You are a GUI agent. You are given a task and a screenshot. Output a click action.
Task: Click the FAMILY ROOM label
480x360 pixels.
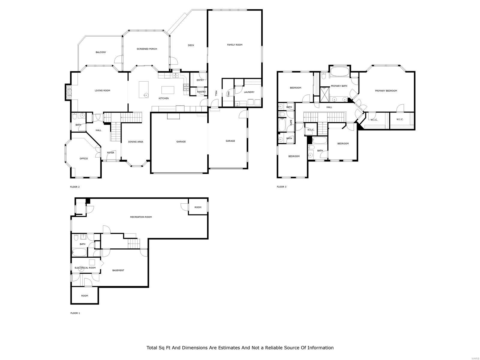(235, 45)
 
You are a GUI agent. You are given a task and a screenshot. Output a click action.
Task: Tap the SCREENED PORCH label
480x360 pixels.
(147, 49)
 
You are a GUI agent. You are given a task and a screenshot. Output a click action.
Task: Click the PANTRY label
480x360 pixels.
(201, 92)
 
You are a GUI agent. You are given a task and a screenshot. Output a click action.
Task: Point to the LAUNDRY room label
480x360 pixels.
(249, 92)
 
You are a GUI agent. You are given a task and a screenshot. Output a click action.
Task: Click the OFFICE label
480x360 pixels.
(84, 158)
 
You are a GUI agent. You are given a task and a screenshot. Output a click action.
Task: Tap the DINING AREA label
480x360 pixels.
(136, 142)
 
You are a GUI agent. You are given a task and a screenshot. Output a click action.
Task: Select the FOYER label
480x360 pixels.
(110, 153)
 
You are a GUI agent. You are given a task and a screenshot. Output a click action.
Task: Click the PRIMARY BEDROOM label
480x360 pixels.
(386, 91)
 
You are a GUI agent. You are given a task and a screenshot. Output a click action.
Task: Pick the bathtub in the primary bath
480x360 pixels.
(339, 72)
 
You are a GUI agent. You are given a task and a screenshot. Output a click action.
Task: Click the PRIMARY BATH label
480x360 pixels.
(339, 86)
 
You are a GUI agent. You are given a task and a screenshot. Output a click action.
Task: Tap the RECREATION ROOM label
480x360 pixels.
(141, 217)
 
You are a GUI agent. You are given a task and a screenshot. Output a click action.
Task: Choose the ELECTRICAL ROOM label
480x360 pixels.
(85, 268)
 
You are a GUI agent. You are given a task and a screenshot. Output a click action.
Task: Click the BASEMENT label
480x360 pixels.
(118, 270)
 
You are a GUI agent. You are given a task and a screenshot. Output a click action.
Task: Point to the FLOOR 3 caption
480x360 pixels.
(281, 187)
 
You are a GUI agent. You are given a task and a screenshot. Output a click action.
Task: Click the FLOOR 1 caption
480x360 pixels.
(75, 313)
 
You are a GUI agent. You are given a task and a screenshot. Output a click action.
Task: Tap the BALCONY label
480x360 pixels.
(101, 52)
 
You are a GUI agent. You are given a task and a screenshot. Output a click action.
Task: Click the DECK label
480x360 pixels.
(191, 45)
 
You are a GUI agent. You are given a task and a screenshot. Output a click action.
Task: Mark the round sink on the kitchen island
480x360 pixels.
(146, 95)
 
